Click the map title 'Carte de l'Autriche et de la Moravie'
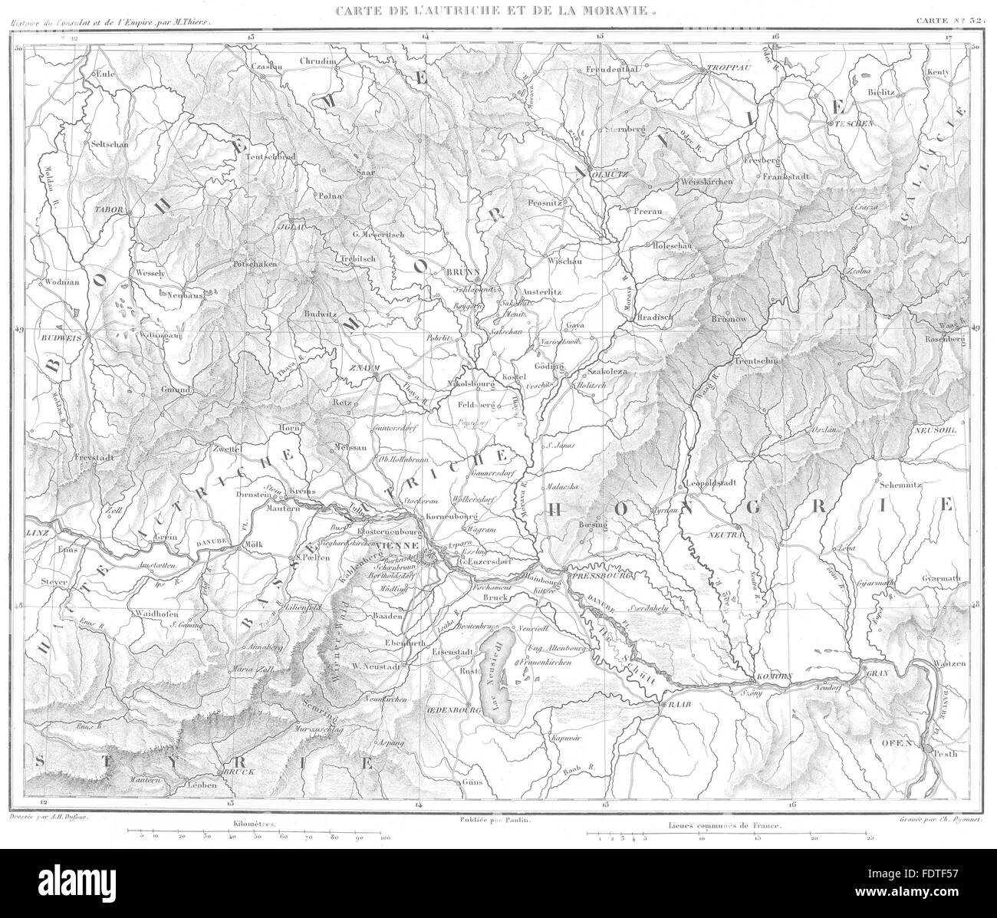pos(498,10)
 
